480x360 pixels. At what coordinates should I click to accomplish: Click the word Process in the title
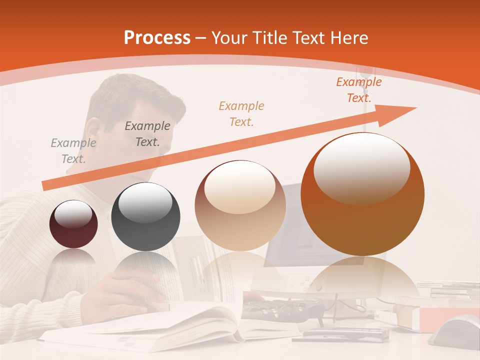pyautogui.click(x=157, y=37)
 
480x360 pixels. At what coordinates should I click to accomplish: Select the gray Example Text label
pyautogui.click(x=73, y=150)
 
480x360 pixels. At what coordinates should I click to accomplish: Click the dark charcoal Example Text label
pyautogui.click(x=147, y=133)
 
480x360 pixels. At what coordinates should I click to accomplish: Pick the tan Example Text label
pyautogui.click(x=241, y=113)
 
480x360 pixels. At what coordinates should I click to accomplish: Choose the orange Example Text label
pyautogui.click(x=358, y=89)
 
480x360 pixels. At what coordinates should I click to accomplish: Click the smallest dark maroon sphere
pyautogui.click(x=73, y=224)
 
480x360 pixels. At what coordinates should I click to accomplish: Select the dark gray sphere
pyautogui.click(x=145, y=216)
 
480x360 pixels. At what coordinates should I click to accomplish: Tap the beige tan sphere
pyautogui.click(x=240, y=205)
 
